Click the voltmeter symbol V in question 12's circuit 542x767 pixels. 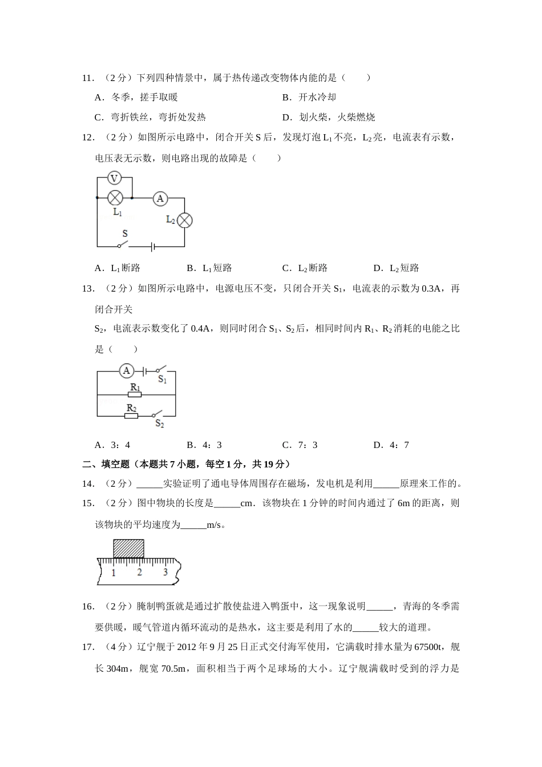[114, 179]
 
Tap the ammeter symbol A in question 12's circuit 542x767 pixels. [160, 198]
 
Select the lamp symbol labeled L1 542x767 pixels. [116, 198]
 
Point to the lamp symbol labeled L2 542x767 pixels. [184, 220]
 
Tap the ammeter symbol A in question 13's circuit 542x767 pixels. [127, 371]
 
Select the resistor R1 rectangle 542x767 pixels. [135, 394]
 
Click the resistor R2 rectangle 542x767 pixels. [131, 415]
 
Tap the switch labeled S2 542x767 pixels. [156, 414]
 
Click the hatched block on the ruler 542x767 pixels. [128, 548]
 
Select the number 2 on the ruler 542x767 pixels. [140, 572]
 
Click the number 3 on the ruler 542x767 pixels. [165, 572]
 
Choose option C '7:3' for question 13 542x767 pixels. [300, 445]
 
